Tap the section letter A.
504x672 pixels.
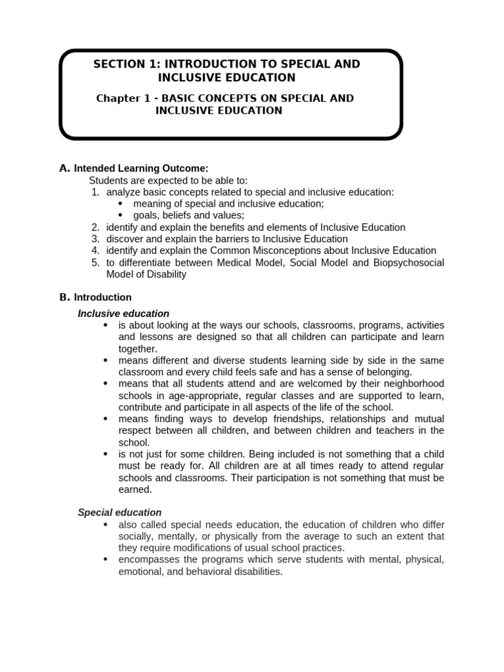[x=64, y=168]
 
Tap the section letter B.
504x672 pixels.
[x=64, y=297]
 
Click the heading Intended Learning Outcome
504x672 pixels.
[x=141, y=169]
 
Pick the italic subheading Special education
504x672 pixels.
[x=119, y=512]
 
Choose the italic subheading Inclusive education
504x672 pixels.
[x=123, y=314]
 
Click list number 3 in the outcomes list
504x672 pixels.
[x=95, y=239]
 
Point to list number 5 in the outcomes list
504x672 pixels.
[x=95, y=262]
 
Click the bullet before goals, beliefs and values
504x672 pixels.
[x=120, y=215]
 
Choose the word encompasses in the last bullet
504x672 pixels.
[x=148, y=560]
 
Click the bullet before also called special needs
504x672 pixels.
[x=106, y=524]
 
